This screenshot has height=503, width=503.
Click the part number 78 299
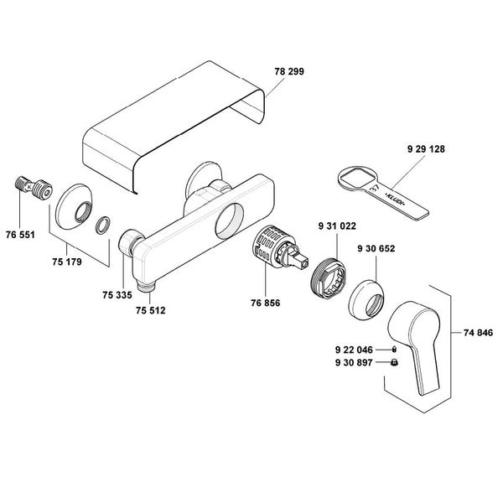(x=289, y=71)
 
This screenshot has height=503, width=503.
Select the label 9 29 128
(x=426, y=149)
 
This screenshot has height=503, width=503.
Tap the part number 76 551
(x=20, y=235)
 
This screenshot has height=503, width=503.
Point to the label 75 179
(x=67, y=262)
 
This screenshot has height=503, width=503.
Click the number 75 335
(x=117, y=295)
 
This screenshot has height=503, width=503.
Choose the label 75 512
(x=150, y=310)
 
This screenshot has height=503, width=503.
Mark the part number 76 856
(x=265, y=303)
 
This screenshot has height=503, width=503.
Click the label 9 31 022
(x=337, y=226)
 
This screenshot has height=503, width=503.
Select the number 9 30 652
(x=376, y=249)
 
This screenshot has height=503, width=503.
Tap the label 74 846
(x=478, y=333)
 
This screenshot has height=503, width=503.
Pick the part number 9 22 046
(x=354, y=350)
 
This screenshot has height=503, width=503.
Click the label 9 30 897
(x=354, y=362)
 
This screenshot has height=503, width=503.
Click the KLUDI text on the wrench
(x=395, y=200)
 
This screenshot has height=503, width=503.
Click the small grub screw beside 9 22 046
(x=394, y=350)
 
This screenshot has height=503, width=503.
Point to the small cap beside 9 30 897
(x=394, y=362)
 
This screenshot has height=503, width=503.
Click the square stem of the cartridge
(x=298, y=260)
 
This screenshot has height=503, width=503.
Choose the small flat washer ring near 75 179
(x=103, y=225)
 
